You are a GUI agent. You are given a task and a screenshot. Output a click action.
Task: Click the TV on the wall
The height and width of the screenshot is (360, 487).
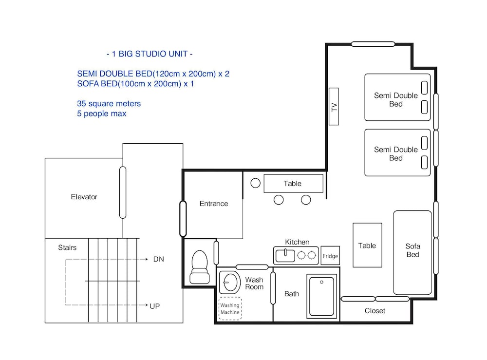(x=334, y=107)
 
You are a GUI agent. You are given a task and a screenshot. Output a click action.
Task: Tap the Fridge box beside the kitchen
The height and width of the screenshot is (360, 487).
(x=330, y=256)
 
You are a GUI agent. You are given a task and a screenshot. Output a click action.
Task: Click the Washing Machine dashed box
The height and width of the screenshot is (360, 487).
(x=230, y=309)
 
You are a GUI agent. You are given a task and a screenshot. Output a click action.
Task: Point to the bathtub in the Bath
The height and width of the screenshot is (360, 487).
(x=321, y=296)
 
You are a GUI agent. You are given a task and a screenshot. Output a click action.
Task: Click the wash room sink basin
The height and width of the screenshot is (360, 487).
(x=230, y=283)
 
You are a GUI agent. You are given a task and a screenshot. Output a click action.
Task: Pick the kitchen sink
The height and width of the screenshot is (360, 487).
(x=285, y=256)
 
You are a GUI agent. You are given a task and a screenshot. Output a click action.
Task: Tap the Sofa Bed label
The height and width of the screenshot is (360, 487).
(x=413, y=250)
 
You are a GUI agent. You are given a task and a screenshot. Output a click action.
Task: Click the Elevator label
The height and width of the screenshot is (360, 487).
(x=84, y=197)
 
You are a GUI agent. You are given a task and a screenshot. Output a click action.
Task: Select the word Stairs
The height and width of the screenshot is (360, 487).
(x=67, y=247)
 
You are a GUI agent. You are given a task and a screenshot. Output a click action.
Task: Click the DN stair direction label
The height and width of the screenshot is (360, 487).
(x=158, y=259)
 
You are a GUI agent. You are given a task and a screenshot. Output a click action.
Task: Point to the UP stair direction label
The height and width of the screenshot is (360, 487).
(x=155, y=306)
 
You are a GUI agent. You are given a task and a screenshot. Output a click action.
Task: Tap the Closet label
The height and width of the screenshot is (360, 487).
(x=375, y=311)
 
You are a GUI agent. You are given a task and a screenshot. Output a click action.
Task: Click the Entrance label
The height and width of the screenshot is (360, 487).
(x=214, y=204)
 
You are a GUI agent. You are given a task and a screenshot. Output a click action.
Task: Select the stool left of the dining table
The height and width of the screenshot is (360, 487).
(x=255, y=183)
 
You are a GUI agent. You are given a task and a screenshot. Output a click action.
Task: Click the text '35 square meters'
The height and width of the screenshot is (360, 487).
(x=109, y=103)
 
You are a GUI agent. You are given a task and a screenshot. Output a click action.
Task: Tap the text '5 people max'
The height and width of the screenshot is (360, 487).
(x=102, y=114)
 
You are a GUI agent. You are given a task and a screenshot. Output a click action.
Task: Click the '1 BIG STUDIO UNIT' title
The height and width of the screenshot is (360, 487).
(x=150, y=54)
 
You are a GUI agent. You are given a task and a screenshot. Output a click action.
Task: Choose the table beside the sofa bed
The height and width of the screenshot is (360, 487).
(x=367, y=245)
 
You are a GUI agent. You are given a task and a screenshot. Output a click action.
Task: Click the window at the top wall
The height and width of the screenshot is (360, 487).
(x=373, y=44)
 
